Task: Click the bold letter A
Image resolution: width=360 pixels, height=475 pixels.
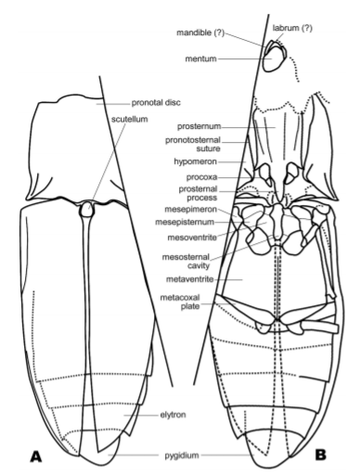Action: click(x=36, y=456)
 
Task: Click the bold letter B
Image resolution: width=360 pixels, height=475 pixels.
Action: click(x=320, y=455)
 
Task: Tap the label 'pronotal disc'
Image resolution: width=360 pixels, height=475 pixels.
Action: click(x=156, y=103)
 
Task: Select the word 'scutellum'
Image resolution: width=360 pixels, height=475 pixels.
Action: click(x=130, y=119)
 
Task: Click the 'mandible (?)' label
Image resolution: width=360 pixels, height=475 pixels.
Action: click(x=200, y=32)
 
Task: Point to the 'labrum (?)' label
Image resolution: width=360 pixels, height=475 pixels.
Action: click(x=292, y=28)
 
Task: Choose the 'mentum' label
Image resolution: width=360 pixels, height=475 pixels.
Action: click(x=200, y=58)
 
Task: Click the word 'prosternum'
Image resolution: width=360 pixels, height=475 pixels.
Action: click(x=199, y=126)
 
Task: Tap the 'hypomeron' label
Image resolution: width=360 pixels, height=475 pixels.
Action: click(x=195, y=161)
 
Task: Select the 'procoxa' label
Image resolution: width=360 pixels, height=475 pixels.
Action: click(x=201, y=177)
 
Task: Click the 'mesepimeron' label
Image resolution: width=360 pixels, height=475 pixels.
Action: click(x=190, y=210)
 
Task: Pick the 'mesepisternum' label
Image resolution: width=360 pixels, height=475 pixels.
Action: click(x=185, y=222)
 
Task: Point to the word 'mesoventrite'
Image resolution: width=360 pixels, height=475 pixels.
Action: click(x=192, y=237)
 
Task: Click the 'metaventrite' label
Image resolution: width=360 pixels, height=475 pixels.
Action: click(x=190, y=279)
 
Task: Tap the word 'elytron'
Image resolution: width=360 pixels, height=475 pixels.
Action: click(x=173, y=415)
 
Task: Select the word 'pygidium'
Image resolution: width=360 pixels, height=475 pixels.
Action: click(x=182, y=456)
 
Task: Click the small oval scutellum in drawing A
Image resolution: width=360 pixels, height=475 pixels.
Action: click(x=86, y=209)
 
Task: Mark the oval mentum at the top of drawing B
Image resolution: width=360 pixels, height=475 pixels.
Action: click(x=273, y=60)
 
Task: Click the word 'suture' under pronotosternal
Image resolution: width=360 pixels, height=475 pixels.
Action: click(x=209, y=148)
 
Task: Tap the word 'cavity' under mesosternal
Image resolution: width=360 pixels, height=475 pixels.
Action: click(x=199, y=265)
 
